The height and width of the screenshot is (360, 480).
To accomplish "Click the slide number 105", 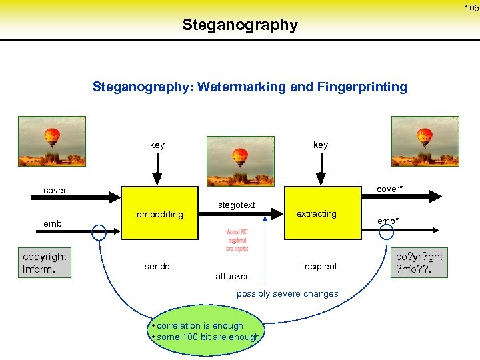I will click(x=471, y=8).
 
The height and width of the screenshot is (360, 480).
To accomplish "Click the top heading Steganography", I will click(x=240, y=25).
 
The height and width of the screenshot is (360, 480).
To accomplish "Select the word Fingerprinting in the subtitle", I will click(x=365, y=87).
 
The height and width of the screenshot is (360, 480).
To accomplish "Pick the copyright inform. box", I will click(x=45, y=263).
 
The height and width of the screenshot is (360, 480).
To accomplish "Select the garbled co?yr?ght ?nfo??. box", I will click(x=419, y=263).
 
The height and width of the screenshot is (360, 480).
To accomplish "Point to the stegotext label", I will click(x=237, y=205).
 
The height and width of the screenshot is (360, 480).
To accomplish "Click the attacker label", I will click(x=232, y=276).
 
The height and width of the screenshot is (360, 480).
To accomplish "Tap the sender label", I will click(x=159, y=266).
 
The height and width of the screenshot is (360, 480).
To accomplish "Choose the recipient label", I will click(x=319, y=266).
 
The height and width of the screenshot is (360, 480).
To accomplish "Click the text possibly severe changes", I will click(x=287, y=294).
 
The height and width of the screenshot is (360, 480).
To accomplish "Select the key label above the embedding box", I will click(x=157, y=145).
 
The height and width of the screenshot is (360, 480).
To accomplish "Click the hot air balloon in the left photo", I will click(x=52, y=138).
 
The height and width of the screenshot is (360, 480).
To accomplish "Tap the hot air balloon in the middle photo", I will click(x=240, y=157).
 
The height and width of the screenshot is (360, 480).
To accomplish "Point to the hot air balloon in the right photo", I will click(x=425, y=138).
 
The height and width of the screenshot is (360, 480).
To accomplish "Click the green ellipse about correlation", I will click(x=206, y=331).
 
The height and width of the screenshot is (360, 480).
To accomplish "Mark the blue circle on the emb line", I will click(x=99, y=231).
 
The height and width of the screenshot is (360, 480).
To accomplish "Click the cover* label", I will click(x=389, y=189).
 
